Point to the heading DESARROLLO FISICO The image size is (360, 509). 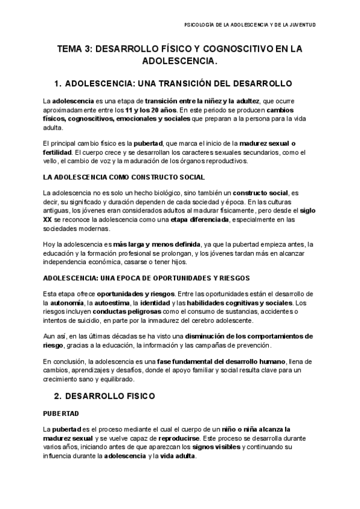(x=113, y=396)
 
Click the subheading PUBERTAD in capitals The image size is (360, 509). (x=60, y=414)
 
